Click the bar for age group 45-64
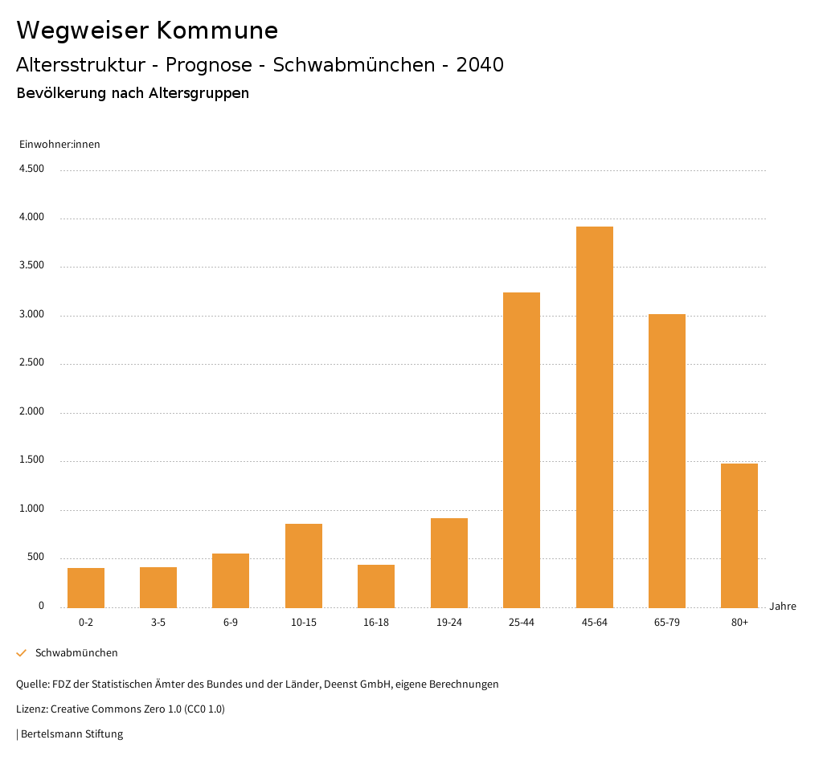pyautogui.click(x=594, y=417)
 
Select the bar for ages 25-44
pyautogui.click(x=522, y=450)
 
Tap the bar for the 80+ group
pyautogui.click(x=739, y=535)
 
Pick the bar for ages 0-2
pyautogui.click(x=86, y=587)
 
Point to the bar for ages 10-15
pyautogui.click(x=304, y=566)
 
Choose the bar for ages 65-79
pyautogui.click(x=667, y=460)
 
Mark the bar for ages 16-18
pyautogui.click(x=376, y=586)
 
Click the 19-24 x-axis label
pyautogui.click(x=449, y=623)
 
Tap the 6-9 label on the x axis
pyautogui.click(x=231, y=623)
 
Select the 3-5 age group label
pyautogui.click(x=158, y=623)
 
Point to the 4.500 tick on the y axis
pyautogui.click(x=32, y=169)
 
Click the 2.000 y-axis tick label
pyautogui.click(x=32, y=412)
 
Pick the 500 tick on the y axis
pyautogui.click(x=35, y=558)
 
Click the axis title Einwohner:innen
pyautogui.click(x=59, y=145)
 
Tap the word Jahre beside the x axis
pyautogui.click(x=783, y=607)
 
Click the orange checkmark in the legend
pyautogui.click(x=22, y=653)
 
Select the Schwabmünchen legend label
pyautogui.click(x=76, y=653)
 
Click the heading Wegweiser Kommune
pyautogui.click(x=147, y=31)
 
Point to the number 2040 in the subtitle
pyautogui.click(x=480, y=65)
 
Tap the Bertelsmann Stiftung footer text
pyautogui.click(x=72, y=733)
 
